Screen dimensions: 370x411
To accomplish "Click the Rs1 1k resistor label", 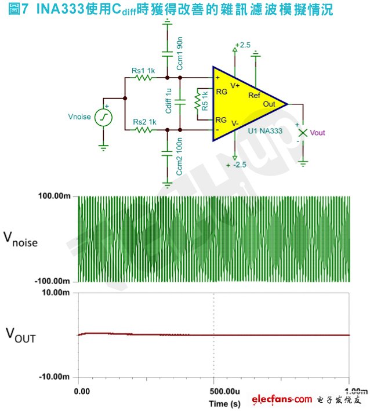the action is coord(143,71).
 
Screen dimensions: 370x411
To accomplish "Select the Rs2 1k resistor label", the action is coord(144,122).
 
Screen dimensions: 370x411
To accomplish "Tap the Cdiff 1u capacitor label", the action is coord(169,101).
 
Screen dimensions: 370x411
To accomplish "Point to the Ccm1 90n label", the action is coord(180,53).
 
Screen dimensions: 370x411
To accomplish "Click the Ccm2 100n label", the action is coord(179,157).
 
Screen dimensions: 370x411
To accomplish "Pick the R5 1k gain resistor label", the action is coord(205,101).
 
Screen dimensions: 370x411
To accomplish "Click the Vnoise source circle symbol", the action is coord(103,118).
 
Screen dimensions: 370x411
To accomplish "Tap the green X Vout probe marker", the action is coord(303,133).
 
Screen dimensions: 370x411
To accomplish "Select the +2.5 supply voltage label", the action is coord(242,45).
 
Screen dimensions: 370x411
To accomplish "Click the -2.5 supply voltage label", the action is coord(240,165).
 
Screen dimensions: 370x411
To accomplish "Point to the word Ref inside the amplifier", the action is coord(255,96).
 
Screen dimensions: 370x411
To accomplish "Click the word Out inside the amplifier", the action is coord(269,104).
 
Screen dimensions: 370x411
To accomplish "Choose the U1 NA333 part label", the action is coord(265,131).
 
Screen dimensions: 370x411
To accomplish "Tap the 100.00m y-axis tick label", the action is coord(55,196).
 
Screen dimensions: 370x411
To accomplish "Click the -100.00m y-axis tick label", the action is coord(52,281).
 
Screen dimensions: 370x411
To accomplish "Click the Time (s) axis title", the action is coord(225,403).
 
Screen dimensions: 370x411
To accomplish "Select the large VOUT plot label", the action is coord(21,335).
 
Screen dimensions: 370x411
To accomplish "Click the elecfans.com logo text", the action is coord(282,399).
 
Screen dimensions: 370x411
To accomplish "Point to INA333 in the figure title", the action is coord(61,9).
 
